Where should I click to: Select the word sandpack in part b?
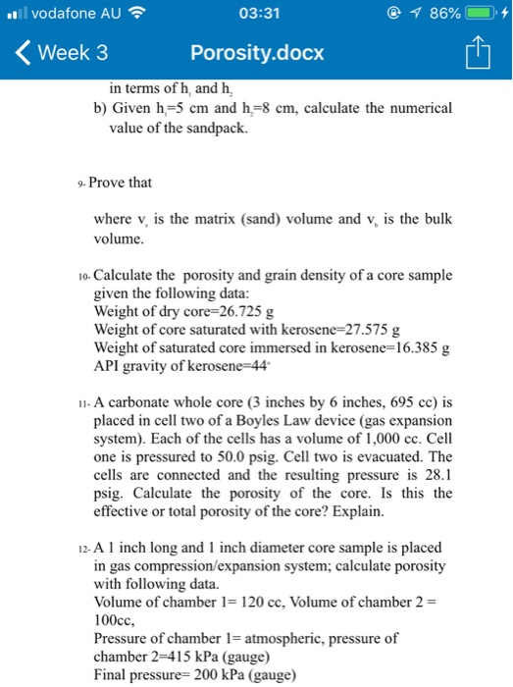tap(206, 128)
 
